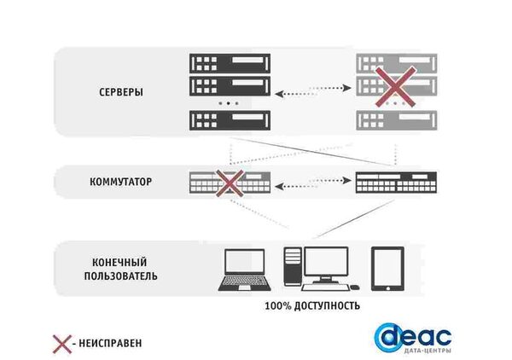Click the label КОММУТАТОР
tap(120, 182)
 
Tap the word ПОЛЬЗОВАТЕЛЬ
tap(120, 276)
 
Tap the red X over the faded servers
tap(395, 87)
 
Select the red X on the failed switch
tap(229, 181)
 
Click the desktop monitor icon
tap(326, 266)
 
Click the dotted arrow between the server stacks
tap(311, 87)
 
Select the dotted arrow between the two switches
tap(311, 182)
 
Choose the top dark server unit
tap(230, 63)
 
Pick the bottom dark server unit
tap(230, 120)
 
